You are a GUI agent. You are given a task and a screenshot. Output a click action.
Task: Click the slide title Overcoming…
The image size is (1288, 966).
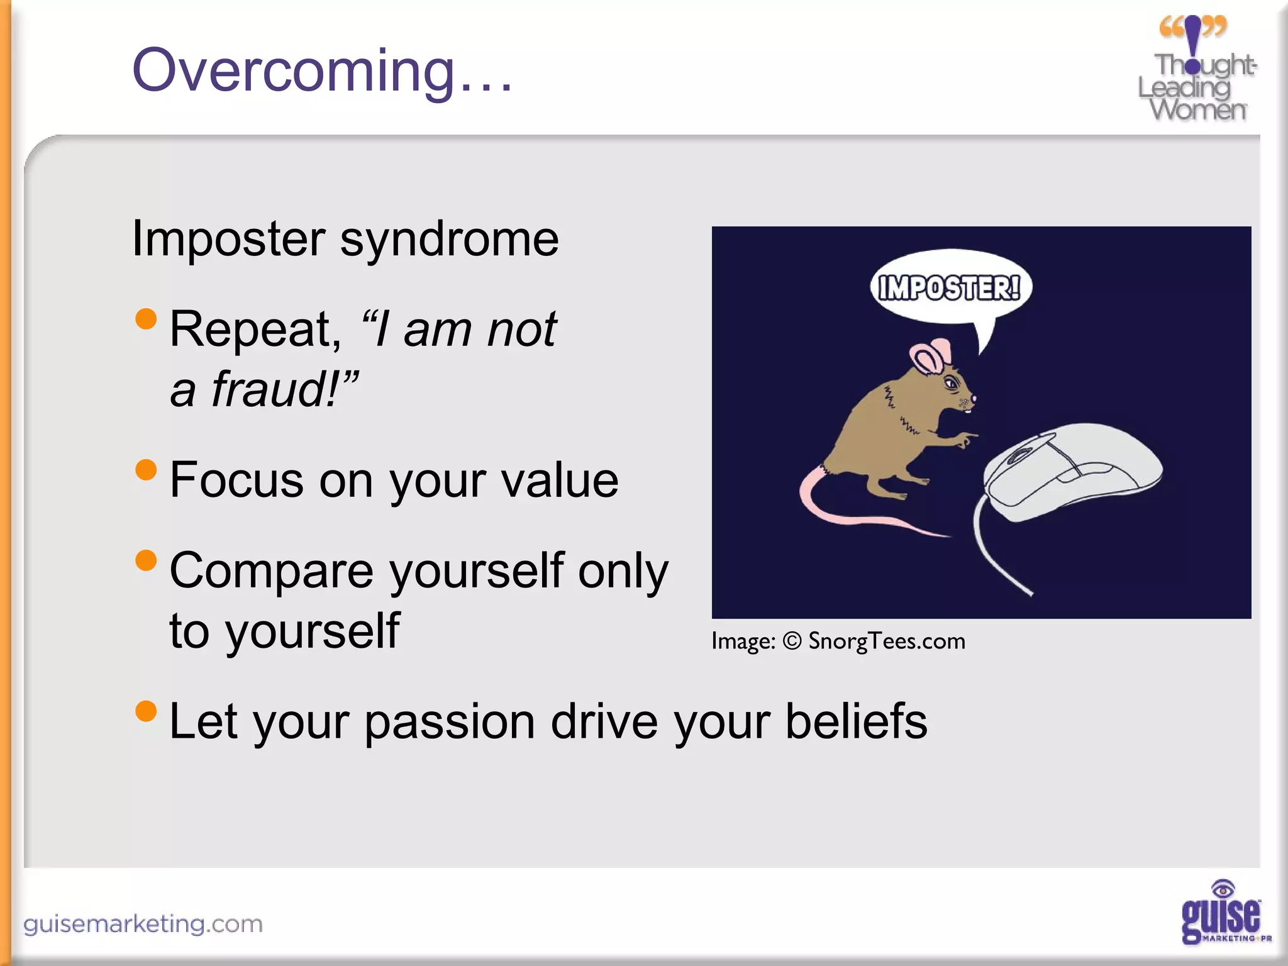point(322,70)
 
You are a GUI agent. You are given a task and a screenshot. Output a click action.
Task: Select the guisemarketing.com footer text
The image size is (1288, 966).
point(143,924)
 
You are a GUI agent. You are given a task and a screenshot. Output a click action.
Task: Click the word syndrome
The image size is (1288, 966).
point(449,240)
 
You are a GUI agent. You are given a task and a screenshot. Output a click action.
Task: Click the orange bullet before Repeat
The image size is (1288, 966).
point(146,319)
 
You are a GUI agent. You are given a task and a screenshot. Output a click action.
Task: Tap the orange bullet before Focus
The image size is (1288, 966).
point(146,470)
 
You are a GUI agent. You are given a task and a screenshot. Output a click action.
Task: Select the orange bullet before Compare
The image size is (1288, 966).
point(146,560)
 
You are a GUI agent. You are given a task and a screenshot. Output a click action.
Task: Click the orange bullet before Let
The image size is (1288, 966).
point(146,711)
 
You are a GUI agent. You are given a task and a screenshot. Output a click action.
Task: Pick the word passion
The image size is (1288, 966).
point(450,722)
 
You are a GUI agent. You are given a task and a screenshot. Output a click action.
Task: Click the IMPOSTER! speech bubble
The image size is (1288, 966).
point(950,288)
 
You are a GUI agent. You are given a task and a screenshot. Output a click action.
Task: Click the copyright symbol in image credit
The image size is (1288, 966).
point(792,641)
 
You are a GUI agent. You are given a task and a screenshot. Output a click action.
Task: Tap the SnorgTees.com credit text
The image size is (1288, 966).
point(887,641)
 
